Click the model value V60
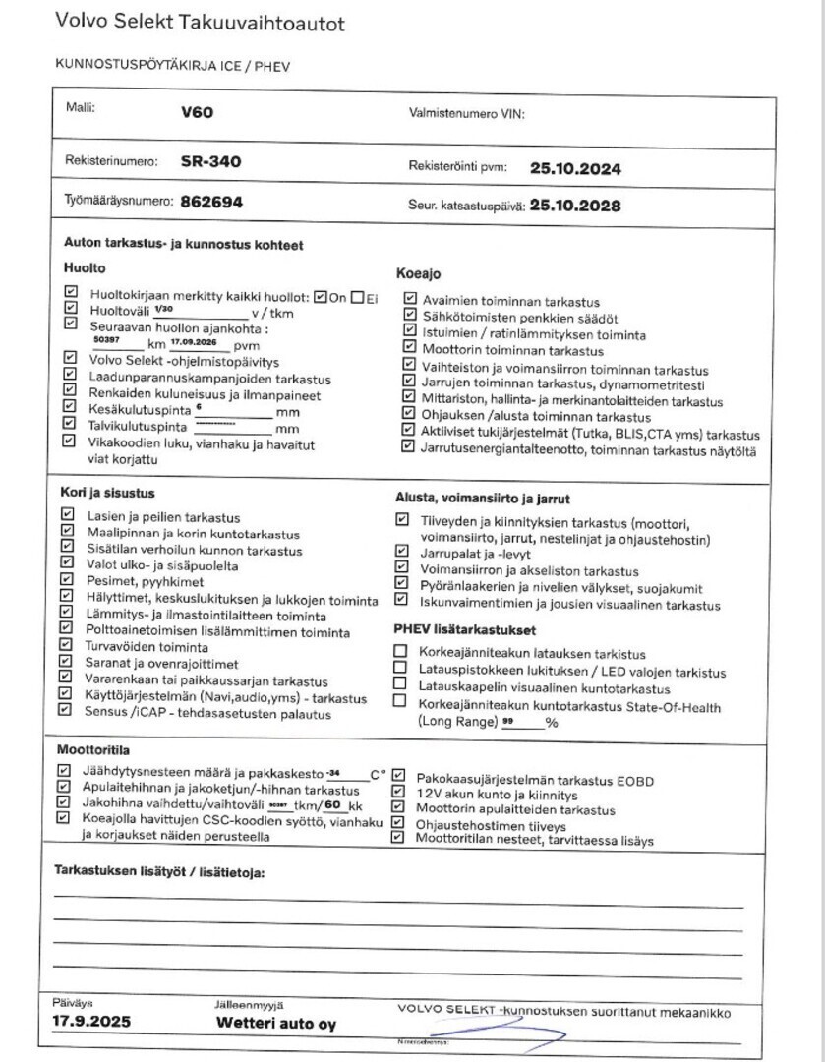[x=197, y=113]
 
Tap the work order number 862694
[x=211, y=202]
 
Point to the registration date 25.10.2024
[x=575, y=168]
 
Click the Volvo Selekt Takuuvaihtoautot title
[x=201, y=23]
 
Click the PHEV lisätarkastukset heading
[x=464, y=628]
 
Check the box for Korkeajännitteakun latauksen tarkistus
[x=400, y=651]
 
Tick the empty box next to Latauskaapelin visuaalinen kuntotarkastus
[x=400, y=683]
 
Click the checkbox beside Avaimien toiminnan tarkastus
[x=409, y=299]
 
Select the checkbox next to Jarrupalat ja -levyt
[x=400, y=552]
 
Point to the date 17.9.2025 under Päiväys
[x=91, y=1023]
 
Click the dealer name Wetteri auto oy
[x=276, y=1024]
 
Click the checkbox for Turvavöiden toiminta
[x=68, y=646]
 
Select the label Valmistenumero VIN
[x=466, y=114]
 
